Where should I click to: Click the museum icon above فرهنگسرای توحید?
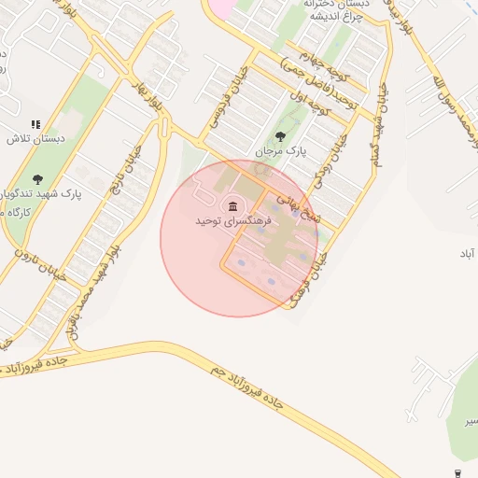tap(231, 205)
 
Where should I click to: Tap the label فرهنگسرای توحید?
tap(233, 222)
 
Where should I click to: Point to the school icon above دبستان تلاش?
tap(35, 123)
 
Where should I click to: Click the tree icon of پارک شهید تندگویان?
tap(37, 179)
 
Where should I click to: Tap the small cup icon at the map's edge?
tap(457, 472)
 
